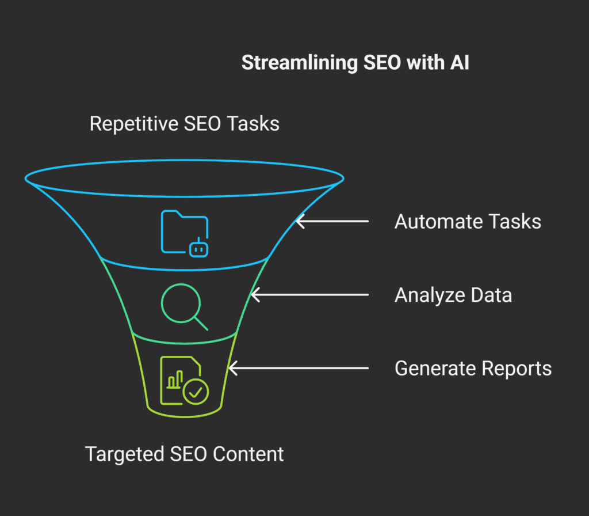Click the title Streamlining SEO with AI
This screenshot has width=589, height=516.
pyautogui.click(x=355, y=63)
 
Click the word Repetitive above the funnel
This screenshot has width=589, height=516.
pyautogui.click(x=135, y=124)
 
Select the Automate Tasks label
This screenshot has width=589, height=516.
pyautogui.click(x=467, y=222)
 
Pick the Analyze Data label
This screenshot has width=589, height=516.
pyautogui.click(x=453, y=295)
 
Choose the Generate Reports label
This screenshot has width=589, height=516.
pyautogui.click(x=473, y=368)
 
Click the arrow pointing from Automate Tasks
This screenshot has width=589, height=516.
pyautogui.click(x=332, y=221)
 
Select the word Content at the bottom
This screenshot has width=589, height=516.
pyautogui.click(x=248, y=454)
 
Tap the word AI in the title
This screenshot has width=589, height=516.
pyautogui.click(x=459, y=63)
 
